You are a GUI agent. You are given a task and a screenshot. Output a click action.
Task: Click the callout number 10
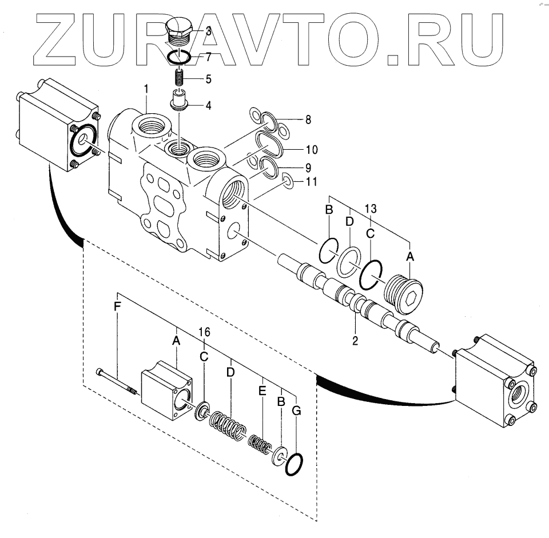point(311,150)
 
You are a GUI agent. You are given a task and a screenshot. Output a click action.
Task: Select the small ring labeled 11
point(289,182)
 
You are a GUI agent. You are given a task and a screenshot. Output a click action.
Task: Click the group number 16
point(204,332)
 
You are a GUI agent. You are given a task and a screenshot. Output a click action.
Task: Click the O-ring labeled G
point(294,464)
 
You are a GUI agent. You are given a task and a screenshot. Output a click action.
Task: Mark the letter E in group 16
point(262,391)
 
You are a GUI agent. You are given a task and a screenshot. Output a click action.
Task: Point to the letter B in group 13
point(328,210)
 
